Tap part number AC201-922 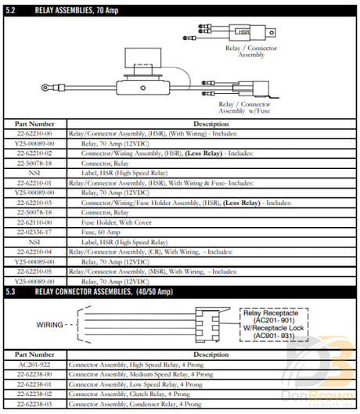(35, 364)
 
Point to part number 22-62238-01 (35, 384)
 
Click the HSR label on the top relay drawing (245, 32)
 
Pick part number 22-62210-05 (35, 271)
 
